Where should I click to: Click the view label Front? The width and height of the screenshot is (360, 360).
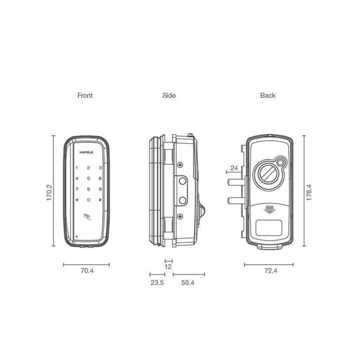(x=85, y=95)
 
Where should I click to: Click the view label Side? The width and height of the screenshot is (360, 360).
(x=169, y=95)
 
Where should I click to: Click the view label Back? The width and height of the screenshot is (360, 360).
(x=268, y=95)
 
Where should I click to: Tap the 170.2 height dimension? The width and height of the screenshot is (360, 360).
(x=49, y=192)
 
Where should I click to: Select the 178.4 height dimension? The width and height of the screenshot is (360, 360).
(x=309, y=192)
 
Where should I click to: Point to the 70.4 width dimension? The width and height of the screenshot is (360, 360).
(x=87, y=271)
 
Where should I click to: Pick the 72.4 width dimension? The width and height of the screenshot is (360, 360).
(x=271, y=271)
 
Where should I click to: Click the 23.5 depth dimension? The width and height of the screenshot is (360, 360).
(x=157, y=283)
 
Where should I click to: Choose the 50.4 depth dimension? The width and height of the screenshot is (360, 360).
(x=188, y=283)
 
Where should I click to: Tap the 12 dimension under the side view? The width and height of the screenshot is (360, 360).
(x=168, y=267)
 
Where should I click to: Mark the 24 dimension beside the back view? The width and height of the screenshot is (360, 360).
(x=234, y=168)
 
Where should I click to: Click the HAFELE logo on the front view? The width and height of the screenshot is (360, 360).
(x=86, y=152)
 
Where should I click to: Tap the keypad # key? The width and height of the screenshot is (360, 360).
(x=100, y=200)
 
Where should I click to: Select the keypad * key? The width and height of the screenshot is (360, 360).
(x=77, y=200)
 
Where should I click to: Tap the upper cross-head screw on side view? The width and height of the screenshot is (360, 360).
(x=180, y=165)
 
